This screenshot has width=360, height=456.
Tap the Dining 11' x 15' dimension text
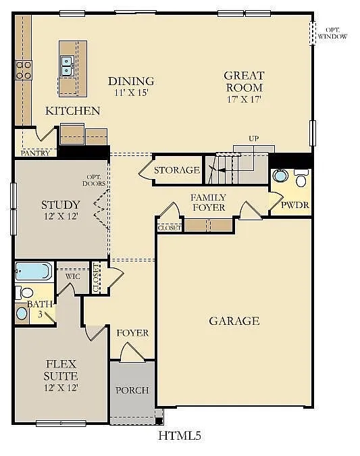point(131,93)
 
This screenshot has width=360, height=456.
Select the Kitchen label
point(73,111)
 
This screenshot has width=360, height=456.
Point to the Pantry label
point(34,153)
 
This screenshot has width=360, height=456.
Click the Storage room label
point(177,170)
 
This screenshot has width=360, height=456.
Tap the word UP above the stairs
point(254,138)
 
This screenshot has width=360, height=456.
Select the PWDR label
point(294,203)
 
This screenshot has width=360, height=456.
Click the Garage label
point(234,321)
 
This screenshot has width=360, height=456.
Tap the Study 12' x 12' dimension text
point(61,216)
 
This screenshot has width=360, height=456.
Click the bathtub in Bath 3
point(33,272)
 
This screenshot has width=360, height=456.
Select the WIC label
point(73,276)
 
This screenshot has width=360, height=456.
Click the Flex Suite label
point(61,370)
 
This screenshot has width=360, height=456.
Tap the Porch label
point(132,390)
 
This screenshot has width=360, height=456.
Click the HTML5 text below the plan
point(180,436)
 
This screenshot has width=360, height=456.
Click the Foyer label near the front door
point(132,333)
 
